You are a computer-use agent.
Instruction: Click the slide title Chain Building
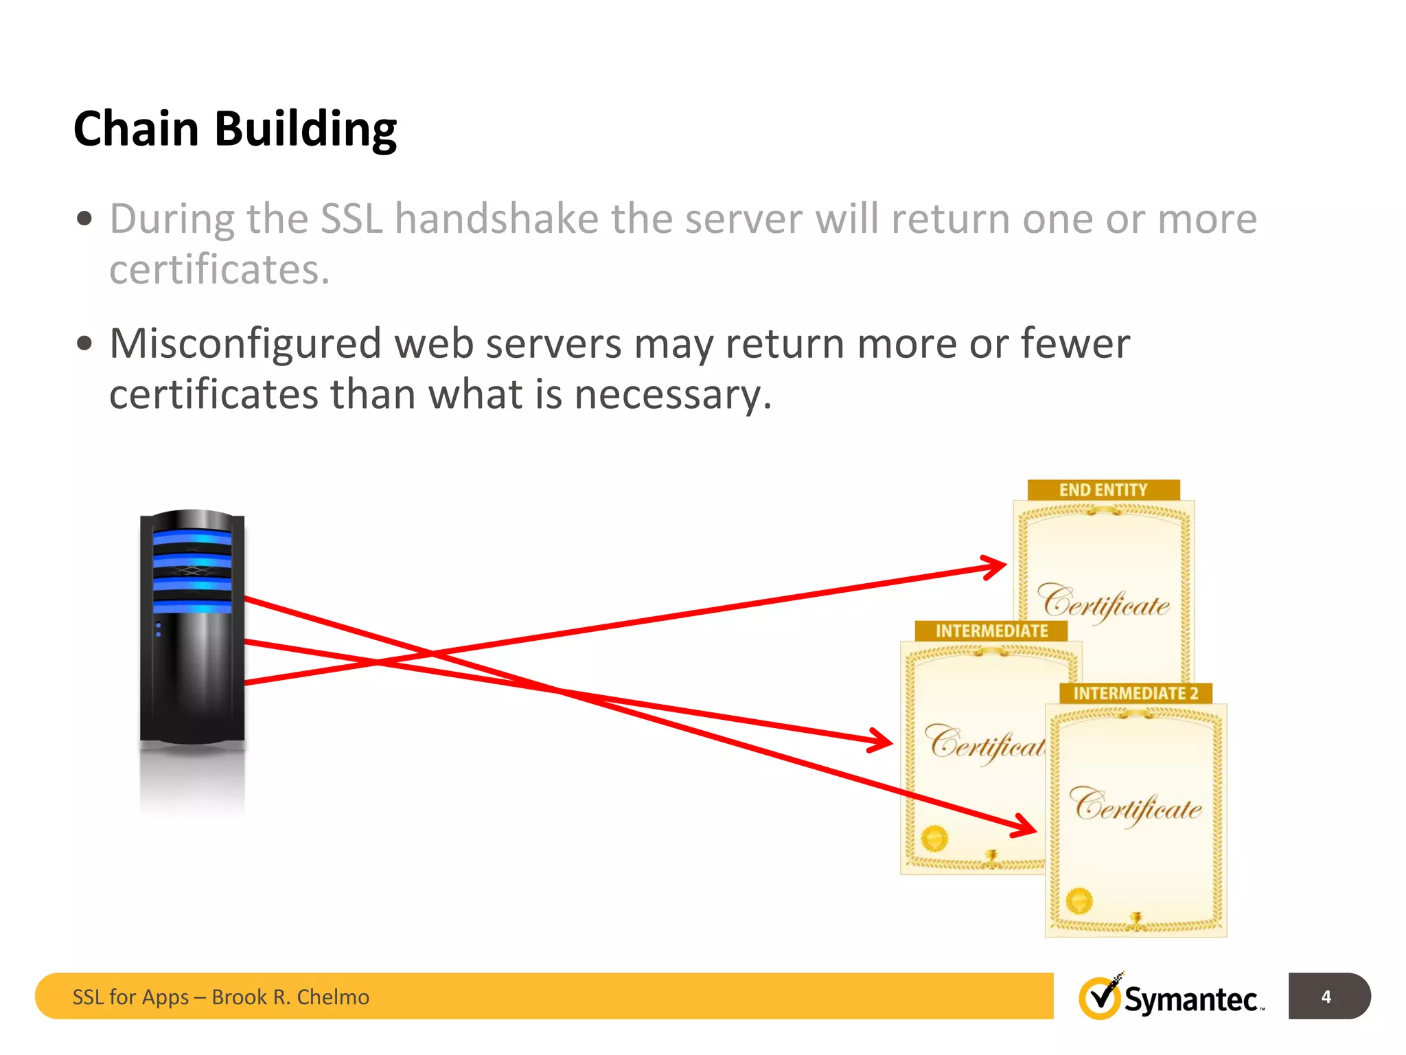click(235, 129)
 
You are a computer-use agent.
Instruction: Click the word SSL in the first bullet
click(351, 219)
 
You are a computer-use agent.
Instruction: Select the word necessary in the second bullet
click(672, 395)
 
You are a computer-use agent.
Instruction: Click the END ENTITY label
click(1103, 490)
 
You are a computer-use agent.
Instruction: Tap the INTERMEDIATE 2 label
click(1136, 693)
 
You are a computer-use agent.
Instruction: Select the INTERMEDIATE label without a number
click(991, 631)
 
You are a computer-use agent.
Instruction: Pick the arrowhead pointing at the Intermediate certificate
click(883, 741)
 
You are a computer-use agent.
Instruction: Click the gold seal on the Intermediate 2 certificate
click(1079, 900)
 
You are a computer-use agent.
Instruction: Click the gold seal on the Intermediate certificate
click(934, 838)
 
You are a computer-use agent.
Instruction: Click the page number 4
click(1326, 997)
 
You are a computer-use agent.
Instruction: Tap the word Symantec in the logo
click(1190, 1000)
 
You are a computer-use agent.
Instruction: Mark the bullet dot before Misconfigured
click(84, 343)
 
